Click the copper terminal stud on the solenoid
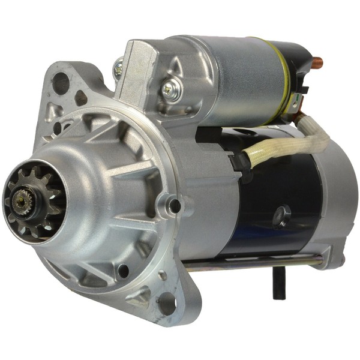(x=316, y=61)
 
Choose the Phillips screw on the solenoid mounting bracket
(x=169, y=90)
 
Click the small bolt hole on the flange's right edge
(x=175, y=206)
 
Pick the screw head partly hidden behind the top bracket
(x=119, y=68)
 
